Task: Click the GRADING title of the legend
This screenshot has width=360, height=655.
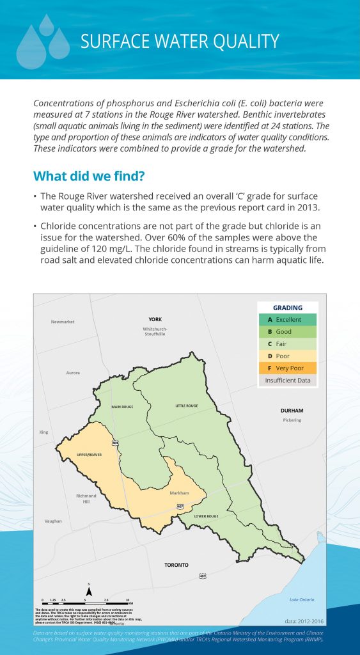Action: pyautogui.click(x=288, y=308)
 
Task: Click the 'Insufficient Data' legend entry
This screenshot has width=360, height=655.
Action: pyautogui.click(x=288, y=381)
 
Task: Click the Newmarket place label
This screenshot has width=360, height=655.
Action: pyautogui.click(x=63, y=322)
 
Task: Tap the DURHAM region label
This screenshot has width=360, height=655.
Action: pyautogui.click(x=291, y=410)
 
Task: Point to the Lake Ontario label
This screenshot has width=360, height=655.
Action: pyautogui.click(x=301, y=600)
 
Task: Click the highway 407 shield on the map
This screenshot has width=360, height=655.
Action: pyautogui.click(x=180, y=507)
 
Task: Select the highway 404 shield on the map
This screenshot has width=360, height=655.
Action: pyautogui.click(x=115, y=443)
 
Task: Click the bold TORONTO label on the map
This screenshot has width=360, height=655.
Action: pyautogui.click(x=176, y=565)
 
